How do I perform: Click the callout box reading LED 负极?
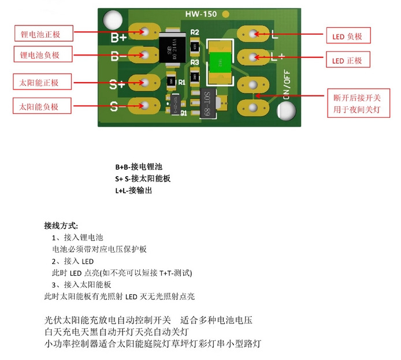(348, 36)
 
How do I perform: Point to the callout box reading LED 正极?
(348, 60)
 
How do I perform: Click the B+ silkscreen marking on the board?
(118, 38)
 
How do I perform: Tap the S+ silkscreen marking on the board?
(117, 84)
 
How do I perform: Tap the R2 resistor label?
(195, 32)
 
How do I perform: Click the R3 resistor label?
(195, 62)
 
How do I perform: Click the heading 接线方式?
(61, 225)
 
